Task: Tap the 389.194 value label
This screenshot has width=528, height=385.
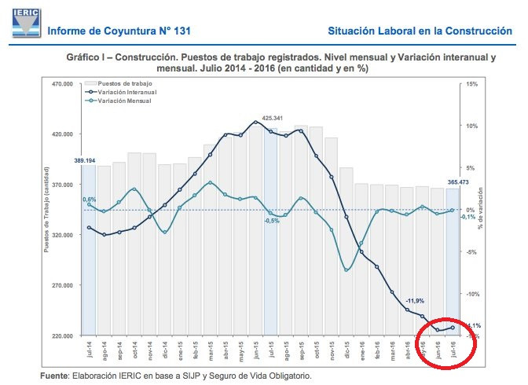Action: (x=85, y=160)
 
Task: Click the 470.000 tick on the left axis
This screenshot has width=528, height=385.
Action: (x=62, y=84)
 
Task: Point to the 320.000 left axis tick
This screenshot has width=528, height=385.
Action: (x=62, y=235)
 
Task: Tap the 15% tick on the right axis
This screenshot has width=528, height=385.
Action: (x=471, y=84)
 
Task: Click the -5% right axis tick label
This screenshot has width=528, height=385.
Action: (x=471, y=252)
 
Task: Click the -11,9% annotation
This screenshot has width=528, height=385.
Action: (x=415, y=301)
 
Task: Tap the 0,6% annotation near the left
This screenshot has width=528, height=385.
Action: (x=90, y=200)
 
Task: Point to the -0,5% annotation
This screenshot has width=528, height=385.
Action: (x=272, y=221)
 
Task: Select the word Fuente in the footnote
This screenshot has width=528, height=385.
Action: (x=57, y=376)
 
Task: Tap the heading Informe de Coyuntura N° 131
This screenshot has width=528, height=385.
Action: (x=119, y=31)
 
